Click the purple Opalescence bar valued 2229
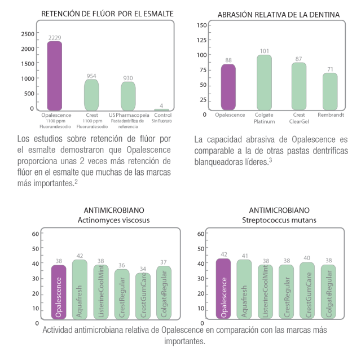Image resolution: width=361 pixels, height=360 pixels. point(55,76)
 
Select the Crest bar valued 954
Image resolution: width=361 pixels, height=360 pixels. point(91,94)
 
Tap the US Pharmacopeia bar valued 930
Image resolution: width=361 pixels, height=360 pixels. point(128,95)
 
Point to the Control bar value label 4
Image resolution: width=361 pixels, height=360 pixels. point(161,105)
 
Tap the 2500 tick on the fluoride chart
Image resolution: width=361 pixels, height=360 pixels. point(27,34)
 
